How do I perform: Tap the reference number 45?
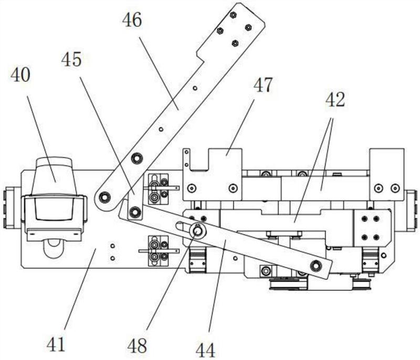pos(71,60)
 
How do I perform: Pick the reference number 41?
pos(56,345)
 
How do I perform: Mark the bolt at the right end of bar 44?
pos(316,266)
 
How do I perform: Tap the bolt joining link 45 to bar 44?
pos(135,213)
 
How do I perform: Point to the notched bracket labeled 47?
pos(213,173)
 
